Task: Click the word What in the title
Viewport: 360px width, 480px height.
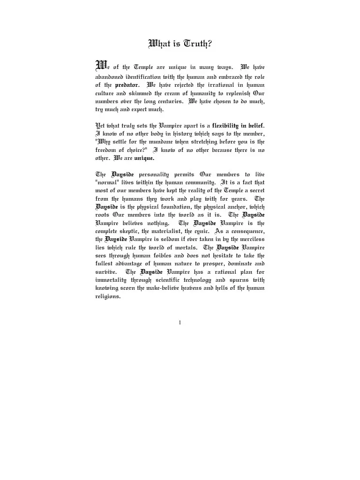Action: coord(161,44)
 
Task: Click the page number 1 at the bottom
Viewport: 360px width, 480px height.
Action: coord(180,322)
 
